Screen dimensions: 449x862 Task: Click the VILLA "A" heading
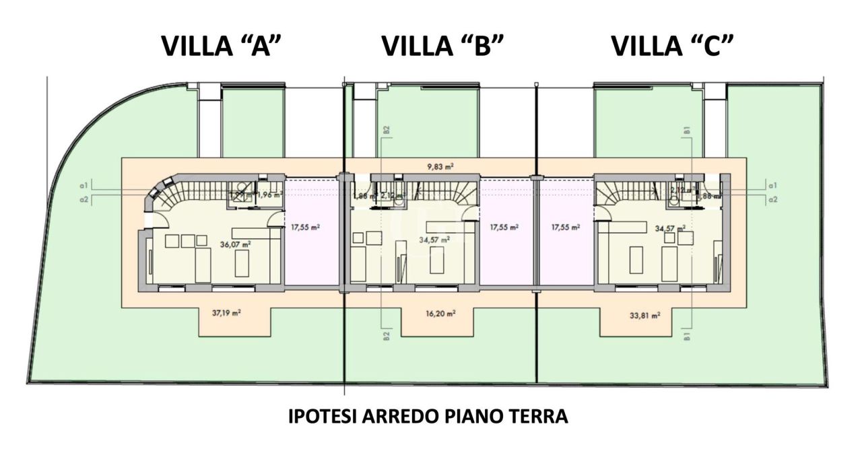tap(221, 46)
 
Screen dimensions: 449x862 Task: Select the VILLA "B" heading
tap(442, 46)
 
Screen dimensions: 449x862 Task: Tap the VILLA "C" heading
tap(672, 46)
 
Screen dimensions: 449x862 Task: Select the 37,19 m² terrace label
tap(227, 312)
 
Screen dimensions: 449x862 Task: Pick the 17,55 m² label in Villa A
tap(305, 228)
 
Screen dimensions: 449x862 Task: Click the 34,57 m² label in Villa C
tap(670, 228)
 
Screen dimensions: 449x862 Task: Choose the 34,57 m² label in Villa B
tap(435, 239)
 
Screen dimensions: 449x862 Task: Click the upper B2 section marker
tap(386, 131)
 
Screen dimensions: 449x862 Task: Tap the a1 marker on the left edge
tap(83, 185)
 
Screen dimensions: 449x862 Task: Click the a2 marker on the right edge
tap(773, 199)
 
